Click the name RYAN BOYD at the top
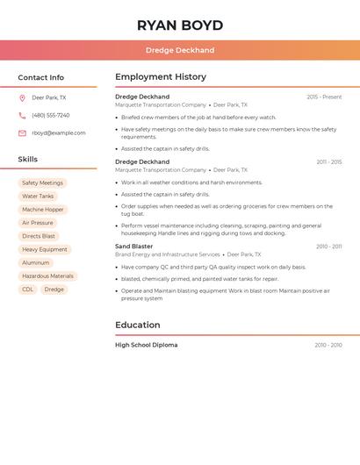click(179, 25)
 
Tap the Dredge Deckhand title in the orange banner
click(179, 50)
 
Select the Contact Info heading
click(40, 77)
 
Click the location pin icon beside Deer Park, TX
click(22, 98)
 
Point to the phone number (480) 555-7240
click(50, 116)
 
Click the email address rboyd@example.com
click(58, 133)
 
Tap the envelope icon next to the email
click(22, 133)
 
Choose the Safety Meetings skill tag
click(42, 182)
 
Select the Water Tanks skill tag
click(38, 197)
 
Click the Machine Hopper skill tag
click(43, 210)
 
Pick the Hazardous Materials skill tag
click(47, 276)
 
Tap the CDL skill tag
click(27, 290)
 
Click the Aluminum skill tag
click(36, 263)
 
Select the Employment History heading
click(160, 77)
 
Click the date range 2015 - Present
click(324, 97)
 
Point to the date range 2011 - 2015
click(329, 162)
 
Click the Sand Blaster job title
click(133, 247)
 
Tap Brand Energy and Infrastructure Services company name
click(168, 254)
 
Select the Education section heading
click(137, 325)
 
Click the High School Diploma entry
click(146, 345)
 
